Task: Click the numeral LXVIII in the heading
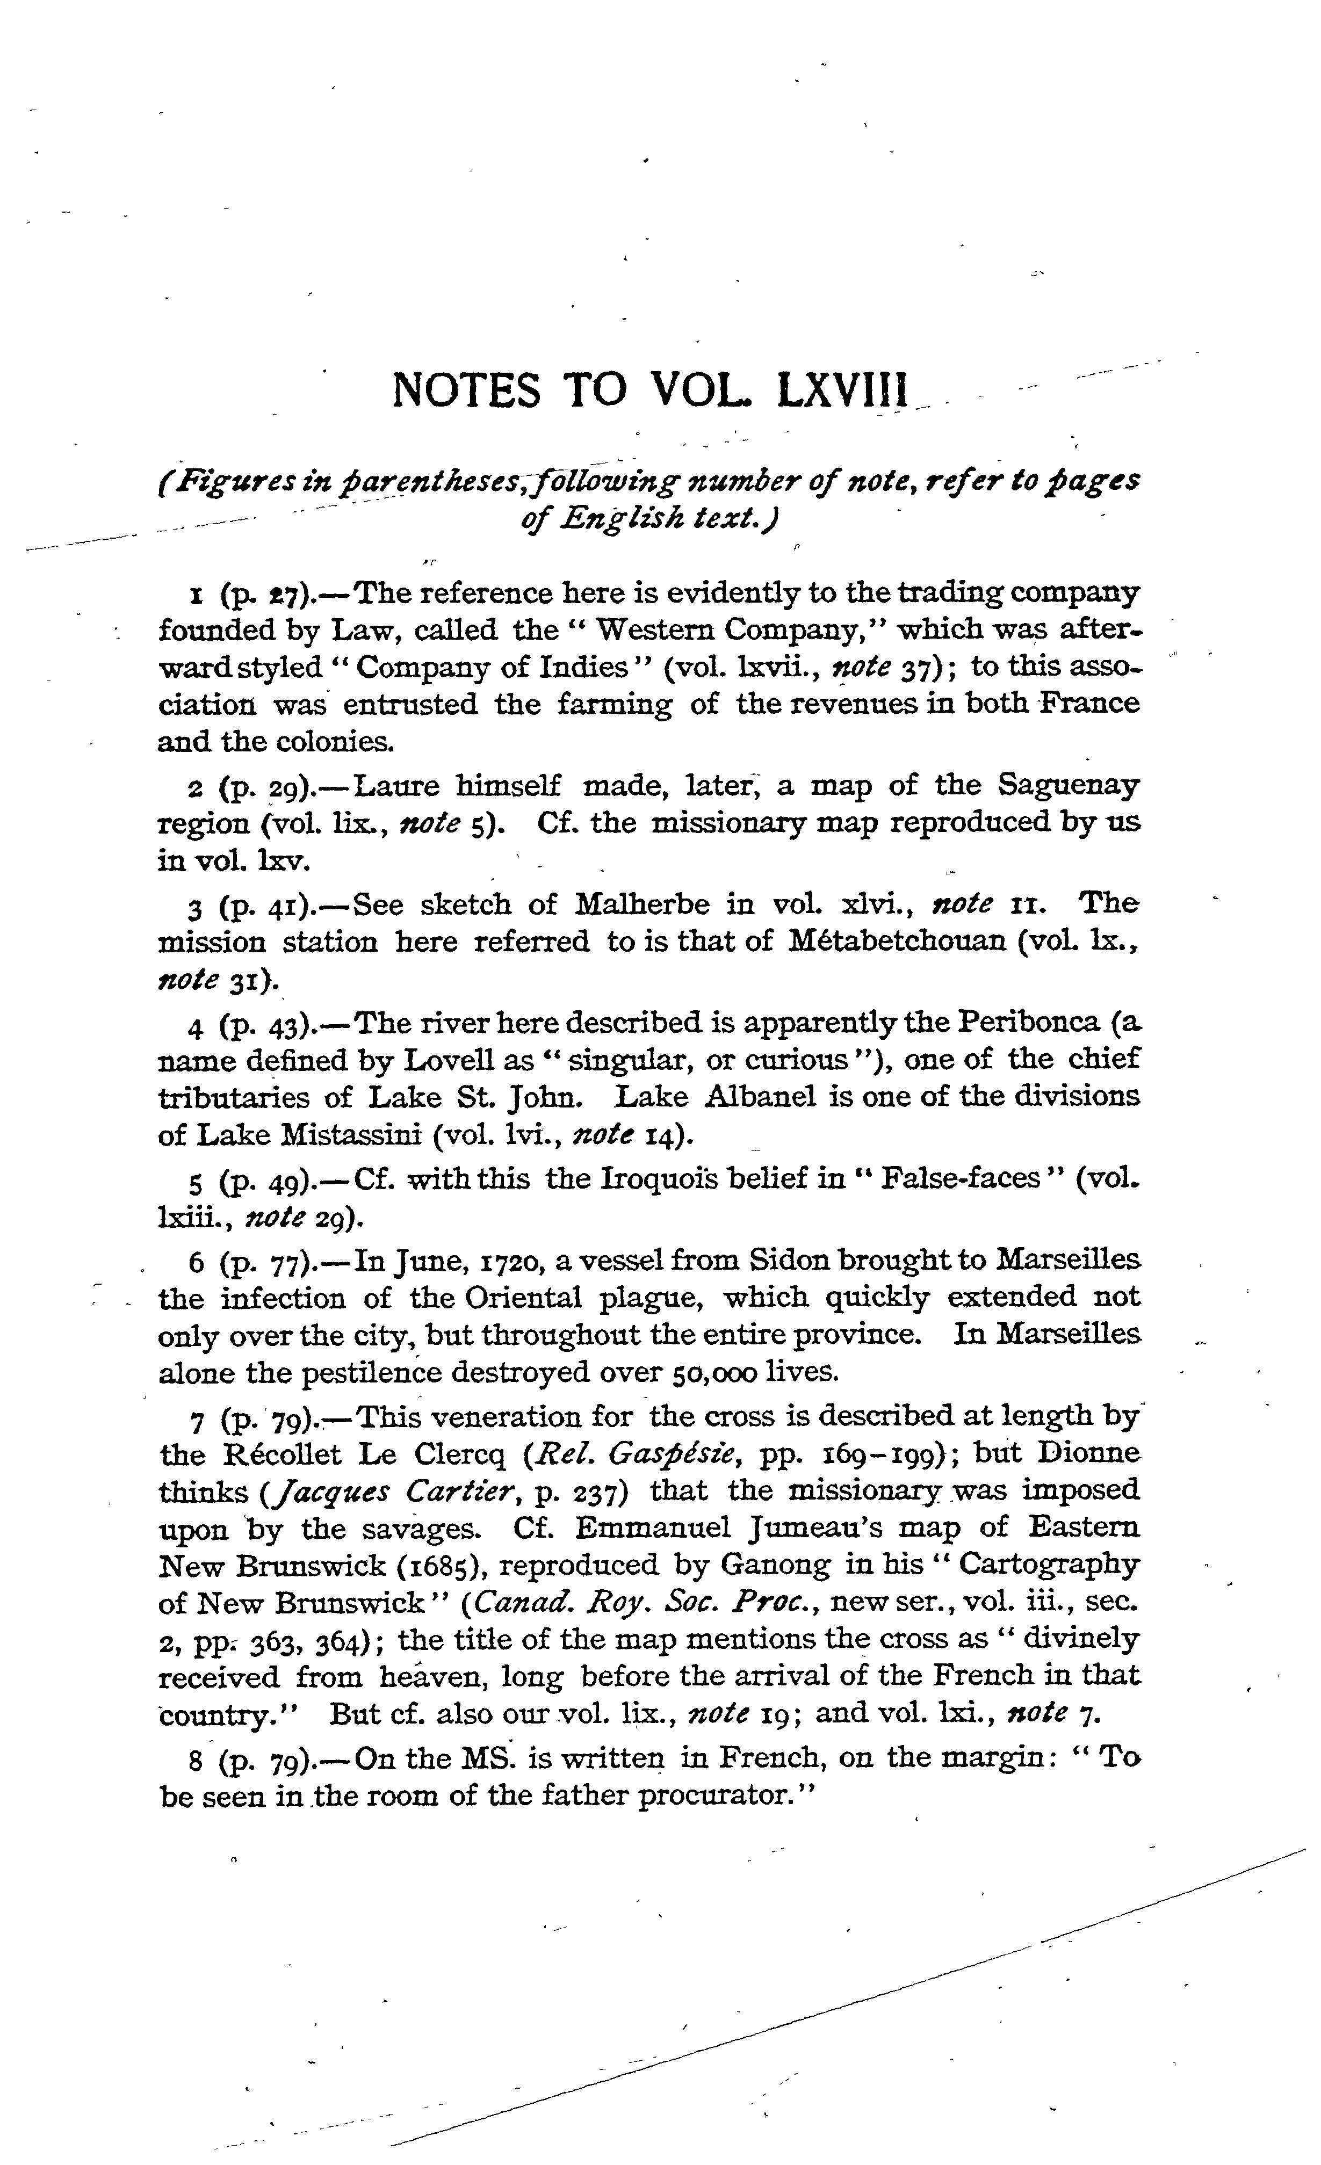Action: (x=841, y=389)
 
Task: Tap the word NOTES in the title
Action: (x=466, y=389)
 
